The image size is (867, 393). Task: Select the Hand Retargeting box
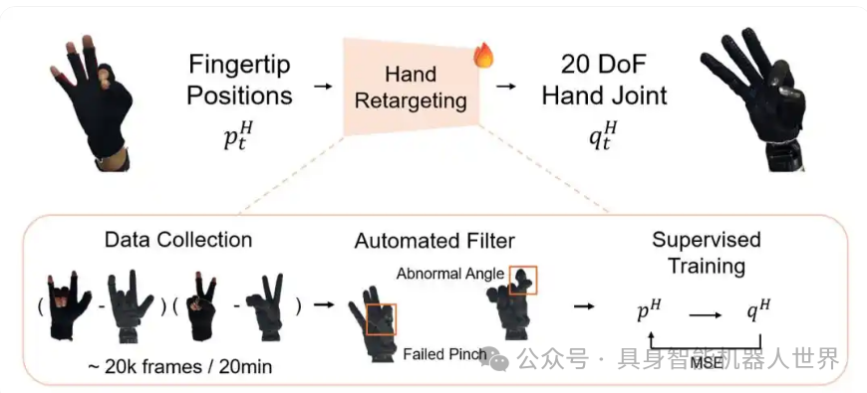(411, 87)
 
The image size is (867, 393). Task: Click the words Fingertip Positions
(239, 81)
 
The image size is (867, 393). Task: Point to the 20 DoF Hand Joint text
(604, 81)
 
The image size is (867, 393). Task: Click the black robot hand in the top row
(752, 99)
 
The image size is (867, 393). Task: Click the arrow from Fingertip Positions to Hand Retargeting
(323, 87)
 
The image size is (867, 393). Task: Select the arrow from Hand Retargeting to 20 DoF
(506, 87)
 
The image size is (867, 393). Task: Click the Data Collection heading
(178, 240)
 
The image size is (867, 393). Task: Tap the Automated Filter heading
(434, 241)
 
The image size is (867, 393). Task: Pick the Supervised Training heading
(707, 253)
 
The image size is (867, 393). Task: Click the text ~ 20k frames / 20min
(179, 366)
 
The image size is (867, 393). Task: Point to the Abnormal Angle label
(450, 274)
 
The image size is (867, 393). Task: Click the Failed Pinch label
(445, 354)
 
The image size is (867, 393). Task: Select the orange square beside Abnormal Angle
(522, 280)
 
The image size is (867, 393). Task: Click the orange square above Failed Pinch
(382, 318)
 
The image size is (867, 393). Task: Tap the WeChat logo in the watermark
(501, 359)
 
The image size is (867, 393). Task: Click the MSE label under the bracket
(707, 362)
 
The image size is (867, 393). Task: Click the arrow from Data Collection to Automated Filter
(324, 304)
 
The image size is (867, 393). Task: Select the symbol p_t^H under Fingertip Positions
(238, 135)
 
